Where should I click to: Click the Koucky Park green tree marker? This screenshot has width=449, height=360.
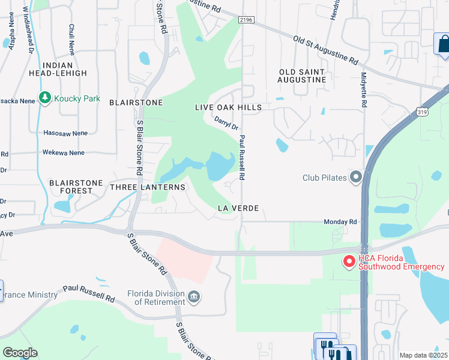[x=44, y=98]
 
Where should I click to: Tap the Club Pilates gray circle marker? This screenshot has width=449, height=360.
[x=356, y=177]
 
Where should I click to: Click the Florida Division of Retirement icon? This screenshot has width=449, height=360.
[x=194, y=296]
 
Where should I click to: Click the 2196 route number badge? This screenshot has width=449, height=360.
[x=246, y=20]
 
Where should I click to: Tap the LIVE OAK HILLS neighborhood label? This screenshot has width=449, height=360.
[x=229, y=107]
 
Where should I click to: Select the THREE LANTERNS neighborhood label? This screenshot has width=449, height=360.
[x=148, y=187]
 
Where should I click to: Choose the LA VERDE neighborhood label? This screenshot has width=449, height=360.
[x=238, y=208]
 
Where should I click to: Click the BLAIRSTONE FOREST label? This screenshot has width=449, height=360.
[x=71, y=186]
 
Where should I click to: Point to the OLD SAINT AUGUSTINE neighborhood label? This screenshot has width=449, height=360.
[x=303, y=76]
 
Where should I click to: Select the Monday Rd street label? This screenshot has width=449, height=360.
[x=340, y=221]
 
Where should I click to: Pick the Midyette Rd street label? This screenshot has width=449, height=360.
[x=364, y=90]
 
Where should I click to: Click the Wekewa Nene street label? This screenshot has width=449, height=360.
[x=64, y=153]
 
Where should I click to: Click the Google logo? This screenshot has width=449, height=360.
[x=20, y=353]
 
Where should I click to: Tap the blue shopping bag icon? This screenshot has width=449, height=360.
[x=442, y=44]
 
